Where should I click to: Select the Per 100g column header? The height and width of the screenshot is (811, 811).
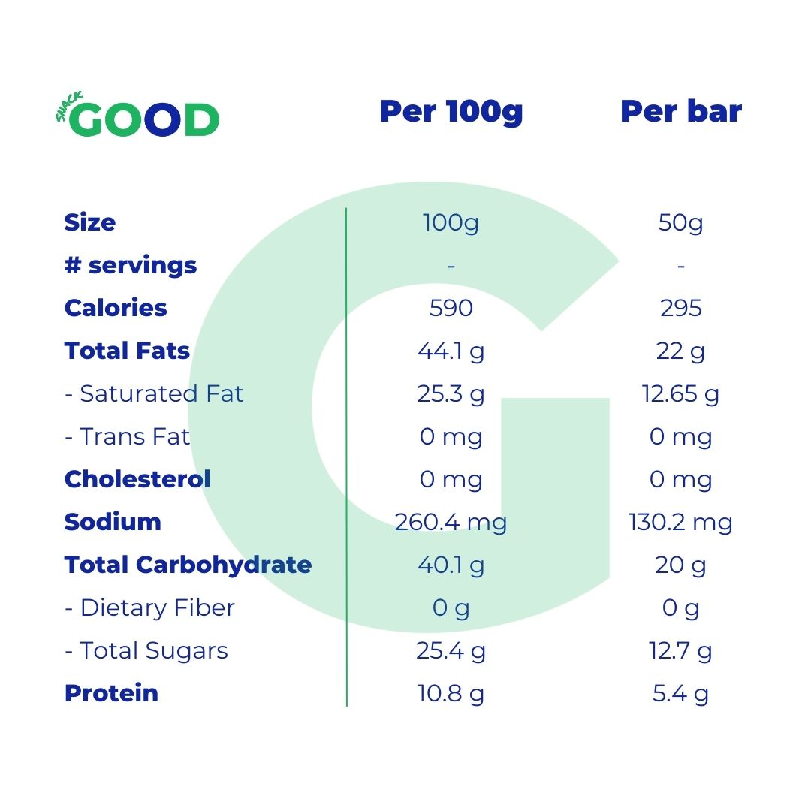[x=451, y=112]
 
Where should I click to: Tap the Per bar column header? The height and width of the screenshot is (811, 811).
[x=680, y=112]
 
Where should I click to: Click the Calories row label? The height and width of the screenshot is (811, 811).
[x=116, y=308]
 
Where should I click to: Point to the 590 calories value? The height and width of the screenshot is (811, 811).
[x=451, y=308]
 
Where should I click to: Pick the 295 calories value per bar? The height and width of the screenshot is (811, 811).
[x=680, y=308]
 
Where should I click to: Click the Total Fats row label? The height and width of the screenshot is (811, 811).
[x=127, y=351]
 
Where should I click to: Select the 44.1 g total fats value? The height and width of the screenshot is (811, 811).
[x=451, y=351]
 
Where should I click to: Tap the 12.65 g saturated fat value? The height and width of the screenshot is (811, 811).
[x=680, y=393]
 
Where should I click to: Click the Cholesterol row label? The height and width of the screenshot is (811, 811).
[x=137, y=479]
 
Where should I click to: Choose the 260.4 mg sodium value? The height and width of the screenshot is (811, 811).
[x=451, y=522]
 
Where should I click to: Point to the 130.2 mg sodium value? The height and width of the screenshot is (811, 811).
[x=680, y=522]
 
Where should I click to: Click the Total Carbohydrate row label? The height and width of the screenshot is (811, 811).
[x=188, y=565]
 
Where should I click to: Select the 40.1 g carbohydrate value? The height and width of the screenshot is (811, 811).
[x=451, y=565]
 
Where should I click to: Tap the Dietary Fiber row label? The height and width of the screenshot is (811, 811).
[x=149, y=607]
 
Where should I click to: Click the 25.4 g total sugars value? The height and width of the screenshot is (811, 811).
[x=451, y=650]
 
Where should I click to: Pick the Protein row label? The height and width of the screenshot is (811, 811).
[x=111, y=693]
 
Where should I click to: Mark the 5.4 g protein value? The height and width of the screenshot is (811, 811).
[x=680, y=693]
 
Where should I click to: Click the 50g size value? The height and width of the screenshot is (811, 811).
[x=680, y=223]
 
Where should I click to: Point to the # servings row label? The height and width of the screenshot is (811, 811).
[x=131, y=265]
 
